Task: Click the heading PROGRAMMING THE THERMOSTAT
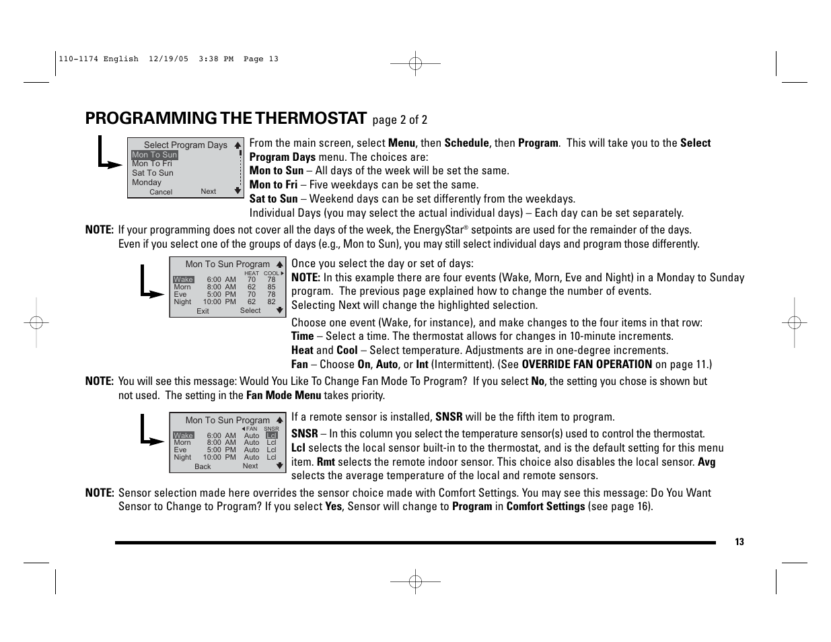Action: [x=226, y=118]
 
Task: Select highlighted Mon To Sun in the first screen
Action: [x=155, y=155]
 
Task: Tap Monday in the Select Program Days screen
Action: [x=147, y=182]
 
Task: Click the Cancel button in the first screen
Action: [x=161, y=192]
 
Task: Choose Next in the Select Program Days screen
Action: [x=209, y=191]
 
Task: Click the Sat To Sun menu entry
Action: [x=153, y=173]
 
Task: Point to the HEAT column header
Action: [x=252, y=273]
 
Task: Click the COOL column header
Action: [x=271, y=273]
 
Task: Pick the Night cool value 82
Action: [x=271, y=302]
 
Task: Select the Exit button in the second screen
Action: [x=203, y=311]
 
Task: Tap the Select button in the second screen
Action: [x=250, y=310]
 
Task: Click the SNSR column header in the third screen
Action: [x=271, y=429]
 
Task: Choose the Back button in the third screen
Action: [x=203, y=466]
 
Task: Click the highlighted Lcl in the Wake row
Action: [x=271, y=435]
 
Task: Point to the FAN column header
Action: [x=252, y=429]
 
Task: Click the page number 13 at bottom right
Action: [x=739, y=542]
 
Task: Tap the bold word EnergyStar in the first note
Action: [x=438, y=230]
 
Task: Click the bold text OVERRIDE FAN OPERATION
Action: [x=587, y=364]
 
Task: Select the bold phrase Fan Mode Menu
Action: [x=283, y=396]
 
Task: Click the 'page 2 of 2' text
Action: [x=400, y=120]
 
